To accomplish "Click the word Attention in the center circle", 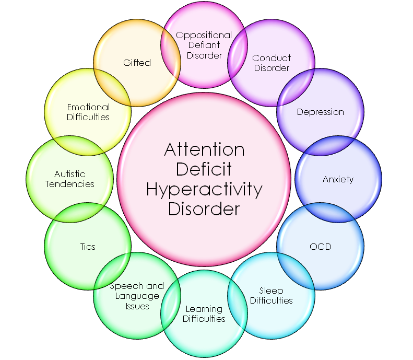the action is click(x=204, y=149).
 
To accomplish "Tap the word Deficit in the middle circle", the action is click(x=204, y=169).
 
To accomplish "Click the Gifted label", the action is click(x=137, y=63).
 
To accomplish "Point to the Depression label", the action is click(x=320, y=112).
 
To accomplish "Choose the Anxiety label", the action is click(x=338, y=180).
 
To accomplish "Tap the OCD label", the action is click(x=320, y=247).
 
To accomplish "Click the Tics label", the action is click(x=88, y=247).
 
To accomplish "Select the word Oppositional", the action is click(x=204, y=36).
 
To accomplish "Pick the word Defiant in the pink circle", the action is click(x=204, y=45).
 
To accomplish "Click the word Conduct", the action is click(x=272, y=58).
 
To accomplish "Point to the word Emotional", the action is click(x=88, y=107).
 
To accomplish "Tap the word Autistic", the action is click(x=70, y=174).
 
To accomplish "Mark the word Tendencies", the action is click(x=70, y=184).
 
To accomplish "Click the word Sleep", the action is click(x=271, y=291).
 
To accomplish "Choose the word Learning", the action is click(x=204, y=309).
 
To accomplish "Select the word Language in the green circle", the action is click(x=137, y=296).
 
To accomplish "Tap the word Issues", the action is click(x=137, y=306).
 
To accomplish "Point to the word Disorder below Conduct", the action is click(x=272, y=68).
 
